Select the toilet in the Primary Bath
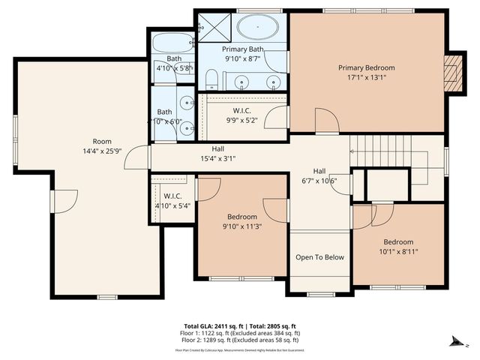(211, 79)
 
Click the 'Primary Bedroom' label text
(365, 67)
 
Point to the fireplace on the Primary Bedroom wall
(451, 73)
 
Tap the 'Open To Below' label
(319, 257)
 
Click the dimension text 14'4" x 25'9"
(102, 151)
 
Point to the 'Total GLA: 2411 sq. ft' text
(212, 326)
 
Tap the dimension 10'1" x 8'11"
(398, 252)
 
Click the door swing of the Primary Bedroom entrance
(325, 122)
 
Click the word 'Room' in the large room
(102, 141)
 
